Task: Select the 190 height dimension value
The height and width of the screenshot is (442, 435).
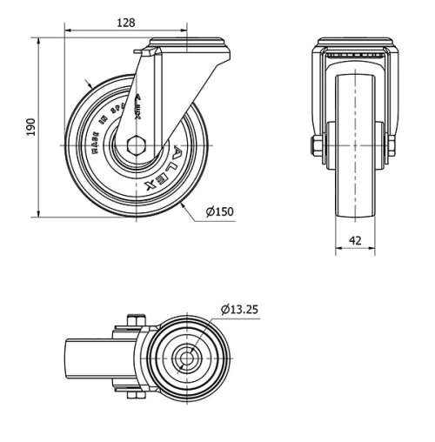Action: [32, 127]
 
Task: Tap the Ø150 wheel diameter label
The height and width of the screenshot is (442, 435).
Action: [220, 211]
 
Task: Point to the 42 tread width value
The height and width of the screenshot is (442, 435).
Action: [355, 240]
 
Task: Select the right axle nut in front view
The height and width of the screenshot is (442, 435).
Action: [391, 144]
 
